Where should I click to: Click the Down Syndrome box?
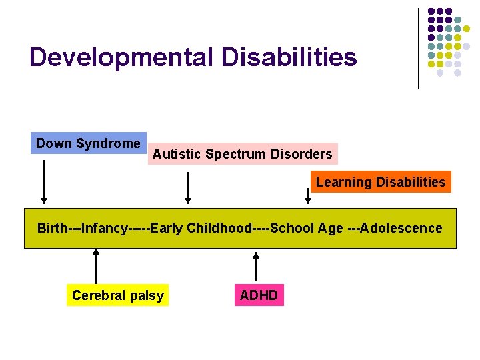pyautogui.click(x=88, y=143)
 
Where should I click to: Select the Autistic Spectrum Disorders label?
pyautogui.click(x=242, y=154)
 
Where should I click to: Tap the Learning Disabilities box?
pyautogui.click(x=381, y=182)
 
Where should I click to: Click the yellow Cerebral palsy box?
pyautogui.click(x=117, y=295)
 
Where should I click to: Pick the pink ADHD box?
pyautogui.click(x=259, y=295)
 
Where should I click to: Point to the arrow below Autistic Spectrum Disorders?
pyautogui.click(x=189, y=187)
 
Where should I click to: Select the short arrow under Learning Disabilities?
pyautogui.click(x=308, y=195)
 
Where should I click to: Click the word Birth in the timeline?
pyautogui.click(x=52, y=229)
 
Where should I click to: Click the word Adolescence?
pyautogui.click(x=401, y=229)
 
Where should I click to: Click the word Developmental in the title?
pyautogui.click(x=121, y=57)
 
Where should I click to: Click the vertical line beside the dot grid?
pyautogui.click(x=418, y=48)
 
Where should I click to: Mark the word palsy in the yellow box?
pyautogui.click(x=148, y=295)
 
